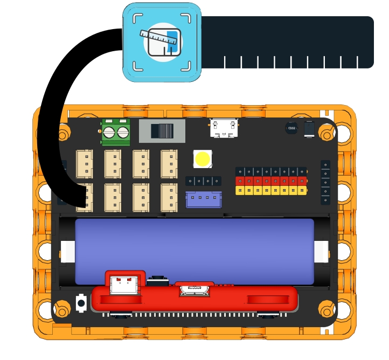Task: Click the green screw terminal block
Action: (x=116, y=132)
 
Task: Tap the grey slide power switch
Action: (x=159, y=131)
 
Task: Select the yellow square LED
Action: (x=203, y=159)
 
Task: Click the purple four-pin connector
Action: (x=203, y=199)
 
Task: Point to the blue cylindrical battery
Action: (x=194, y=251)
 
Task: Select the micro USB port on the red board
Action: (x=194, y=289)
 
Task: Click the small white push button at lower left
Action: (x=81, y=303)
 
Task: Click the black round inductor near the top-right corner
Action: (x=291, y=128)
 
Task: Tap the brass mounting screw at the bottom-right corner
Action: (x=327, y=309)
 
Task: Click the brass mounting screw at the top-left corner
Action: (x=63, y=133)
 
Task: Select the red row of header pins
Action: (x=272, y=181)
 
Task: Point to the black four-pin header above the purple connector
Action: (x=203, y=181)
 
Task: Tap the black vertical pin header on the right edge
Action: (x=325, y=182)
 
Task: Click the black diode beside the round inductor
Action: (x=309, y=129)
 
